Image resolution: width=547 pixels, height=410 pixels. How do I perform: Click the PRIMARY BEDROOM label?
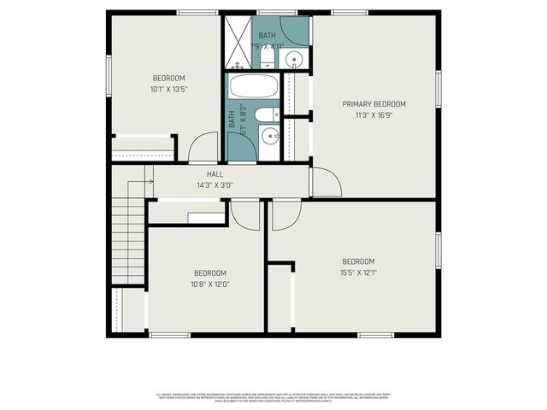coord(373,104)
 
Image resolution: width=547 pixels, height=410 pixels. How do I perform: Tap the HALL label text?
coord(215,173)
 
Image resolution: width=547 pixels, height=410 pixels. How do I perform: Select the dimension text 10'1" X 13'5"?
coord(168,87)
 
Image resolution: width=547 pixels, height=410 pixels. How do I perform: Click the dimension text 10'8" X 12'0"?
coord(209,284)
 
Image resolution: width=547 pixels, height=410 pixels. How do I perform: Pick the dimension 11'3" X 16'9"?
coord(373,115)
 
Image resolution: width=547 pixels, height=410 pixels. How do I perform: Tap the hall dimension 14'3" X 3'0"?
coord(215,184)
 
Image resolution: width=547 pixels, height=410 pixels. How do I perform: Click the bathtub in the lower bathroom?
coord(255,86)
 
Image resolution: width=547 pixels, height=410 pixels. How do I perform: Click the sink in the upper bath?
coord(293,59)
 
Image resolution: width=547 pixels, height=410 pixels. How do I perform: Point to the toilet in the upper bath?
coord(267,56)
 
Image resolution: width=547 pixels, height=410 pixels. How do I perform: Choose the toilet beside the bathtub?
coord(266,114)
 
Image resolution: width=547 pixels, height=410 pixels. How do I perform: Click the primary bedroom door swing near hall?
coord(325,180)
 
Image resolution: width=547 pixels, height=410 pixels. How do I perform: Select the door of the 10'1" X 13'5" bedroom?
coord(203,149)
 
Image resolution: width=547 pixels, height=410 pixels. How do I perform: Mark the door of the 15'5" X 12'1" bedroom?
coord(285,216)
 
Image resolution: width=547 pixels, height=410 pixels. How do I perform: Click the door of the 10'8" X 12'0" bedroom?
coord(245,215)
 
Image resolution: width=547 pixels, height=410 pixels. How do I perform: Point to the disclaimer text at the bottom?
coord(273,396)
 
